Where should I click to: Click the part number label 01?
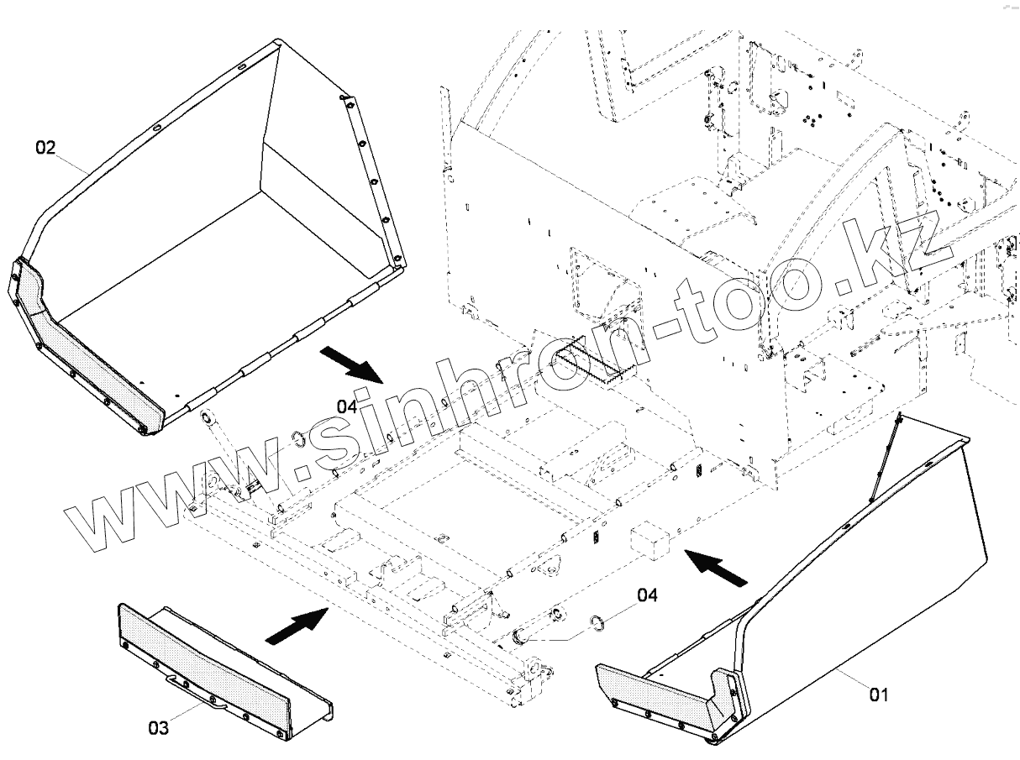pyautogui.click(x=878, y=695)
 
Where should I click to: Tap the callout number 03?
pyautogui.click(x=158, y=727)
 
